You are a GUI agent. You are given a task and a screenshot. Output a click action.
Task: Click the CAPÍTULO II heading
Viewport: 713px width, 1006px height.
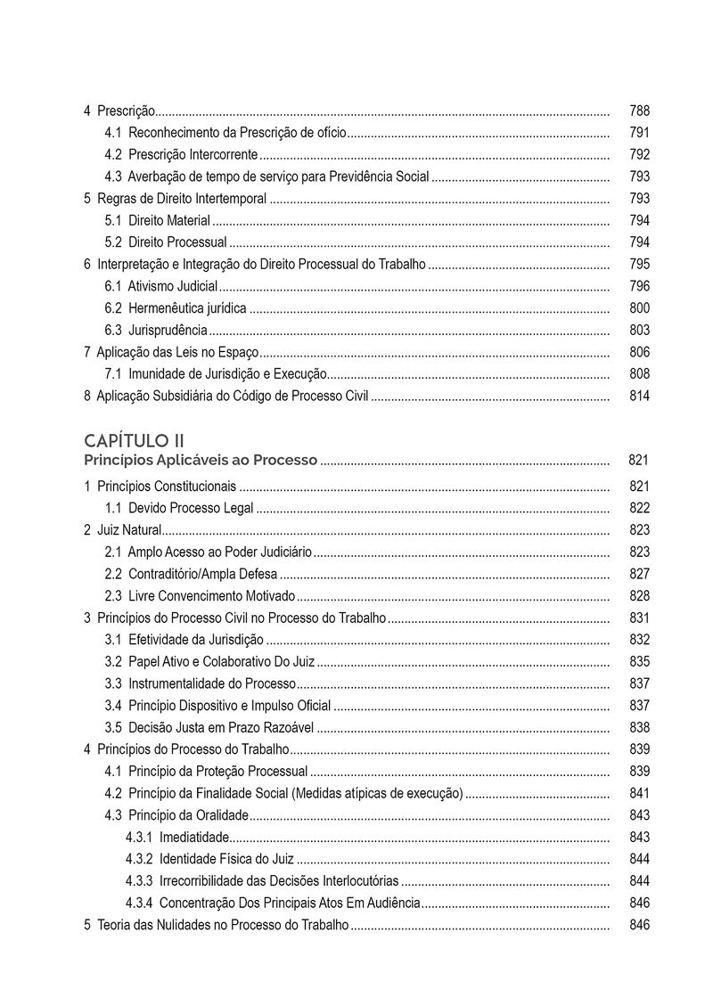point(134,440)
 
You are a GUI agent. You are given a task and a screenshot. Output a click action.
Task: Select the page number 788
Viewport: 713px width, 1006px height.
point(639,111)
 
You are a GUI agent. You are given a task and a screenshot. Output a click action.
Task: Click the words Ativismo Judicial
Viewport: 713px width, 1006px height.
point(173,286)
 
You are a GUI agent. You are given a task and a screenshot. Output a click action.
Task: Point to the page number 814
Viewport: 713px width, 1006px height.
point(639,396)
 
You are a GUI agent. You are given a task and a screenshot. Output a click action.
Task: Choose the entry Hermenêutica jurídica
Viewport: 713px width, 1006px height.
point(187,308)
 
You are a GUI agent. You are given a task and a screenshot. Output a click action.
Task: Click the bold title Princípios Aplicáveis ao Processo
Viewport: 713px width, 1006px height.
point(201,461)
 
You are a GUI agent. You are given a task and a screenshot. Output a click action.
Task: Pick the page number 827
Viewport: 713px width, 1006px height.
point(639,574)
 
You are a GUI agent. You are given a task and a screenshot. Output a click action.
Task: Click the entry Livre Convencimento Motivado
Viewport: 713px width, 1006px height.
point(211,596)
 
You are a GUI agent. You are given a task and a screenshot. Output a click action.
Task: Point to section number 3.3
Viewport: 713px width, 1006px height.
point(113,683)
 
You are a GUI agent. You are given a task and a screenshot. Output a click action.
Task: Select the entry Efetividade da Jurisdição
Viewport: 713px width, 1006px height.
point(196,640)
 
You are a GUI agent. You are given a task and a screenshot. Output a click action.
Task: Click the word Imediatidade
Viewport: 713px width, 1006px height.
point(194,837)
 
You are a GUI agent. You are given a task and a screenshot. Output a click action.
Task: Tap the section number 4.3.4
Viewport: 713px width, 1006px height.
point(138,903)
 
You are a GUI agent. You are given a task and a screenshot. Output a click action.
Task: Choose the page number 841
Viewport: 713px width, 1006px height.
point(639,793)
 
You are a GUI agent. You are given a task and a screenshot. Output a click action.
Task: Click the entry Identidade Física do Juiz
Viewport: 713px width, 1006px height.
point(226,859)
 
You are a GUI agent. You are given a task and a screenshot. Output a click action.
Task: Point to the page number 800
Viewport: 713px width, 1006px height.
point(639,308)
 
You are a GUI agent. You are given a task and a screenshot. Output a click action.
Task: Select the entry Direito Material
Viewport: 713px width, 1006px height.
point(169,221)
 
